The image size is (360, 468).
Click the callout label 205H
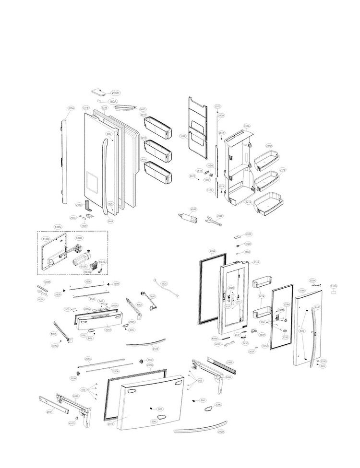tap(115, 93)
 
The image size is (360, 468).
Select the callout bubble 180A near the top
tap(113, 102)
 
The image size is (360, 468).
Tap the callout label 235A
tap(71, 109)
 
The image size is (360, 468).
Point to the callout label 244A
tap(110, 221)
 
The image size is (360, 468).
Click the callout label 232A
tap(247, 126)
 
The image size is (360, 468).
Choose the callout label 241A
tap(249, 202)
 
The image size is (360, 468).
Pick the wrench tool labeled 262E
tap(210, 220)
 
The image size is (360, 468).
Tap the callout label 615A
tap(83, 267)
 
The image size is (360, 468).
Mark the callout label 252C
tap(164, 284)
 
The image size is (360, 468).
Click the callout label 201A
tap(108, 330)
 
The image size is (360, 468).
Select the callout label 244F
tap(317, 307)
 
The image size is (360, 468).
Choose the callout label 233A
tap(213, 251)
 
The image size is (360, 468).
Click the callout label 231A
tap(256, 262)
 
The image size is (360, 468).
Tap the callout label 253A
tap(88, 359)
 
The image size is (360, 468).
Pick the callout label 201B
tap(111, 424)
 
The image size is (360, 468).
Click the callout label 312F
tap(182, 136)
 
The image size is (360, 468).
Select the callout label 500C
tap(143, 109)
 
